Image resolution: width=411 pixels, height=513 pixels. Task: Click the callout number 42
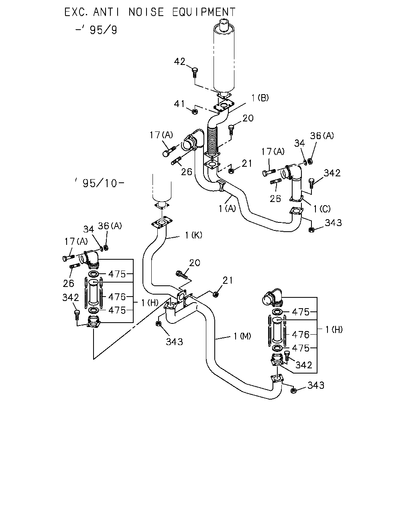(x=179, y=61)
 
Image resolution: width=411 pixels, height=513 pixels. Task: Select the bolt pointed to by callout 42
(x=195, y=73)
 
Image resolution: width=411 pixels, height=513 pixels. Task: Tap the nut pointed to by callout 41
(x=195, y=111)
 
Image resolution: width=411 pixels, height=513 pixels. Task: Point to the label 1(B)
(x=260, y=98)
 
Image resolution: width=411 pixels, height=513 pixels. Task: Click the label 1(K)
(x=193, y=235)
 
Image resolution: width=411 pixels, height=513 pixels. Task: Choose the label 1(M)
(x=242, y=336)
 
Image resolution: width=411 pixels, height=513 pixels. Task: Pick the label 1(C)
(x=322, y=209)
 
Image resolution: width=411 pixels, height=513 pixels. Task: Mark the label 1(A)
(x=227, y=208)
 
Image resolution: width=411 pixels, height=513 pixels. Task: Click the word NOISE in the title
(x=146, y=12)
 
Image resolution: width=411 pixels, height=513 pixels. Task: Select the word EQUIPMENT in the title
(x=204, y=12)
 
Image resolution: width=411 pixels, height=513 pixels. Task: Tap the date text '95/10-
(x=100, y=183)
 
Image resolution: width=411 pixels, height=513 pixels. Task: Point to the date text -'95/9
(x=96, y=30)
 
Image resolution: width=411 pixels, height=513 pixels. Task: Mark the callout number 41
(x=179, y=104)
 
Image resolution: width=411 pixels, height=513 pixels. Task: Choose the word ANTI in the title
(x=106, y=12)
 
